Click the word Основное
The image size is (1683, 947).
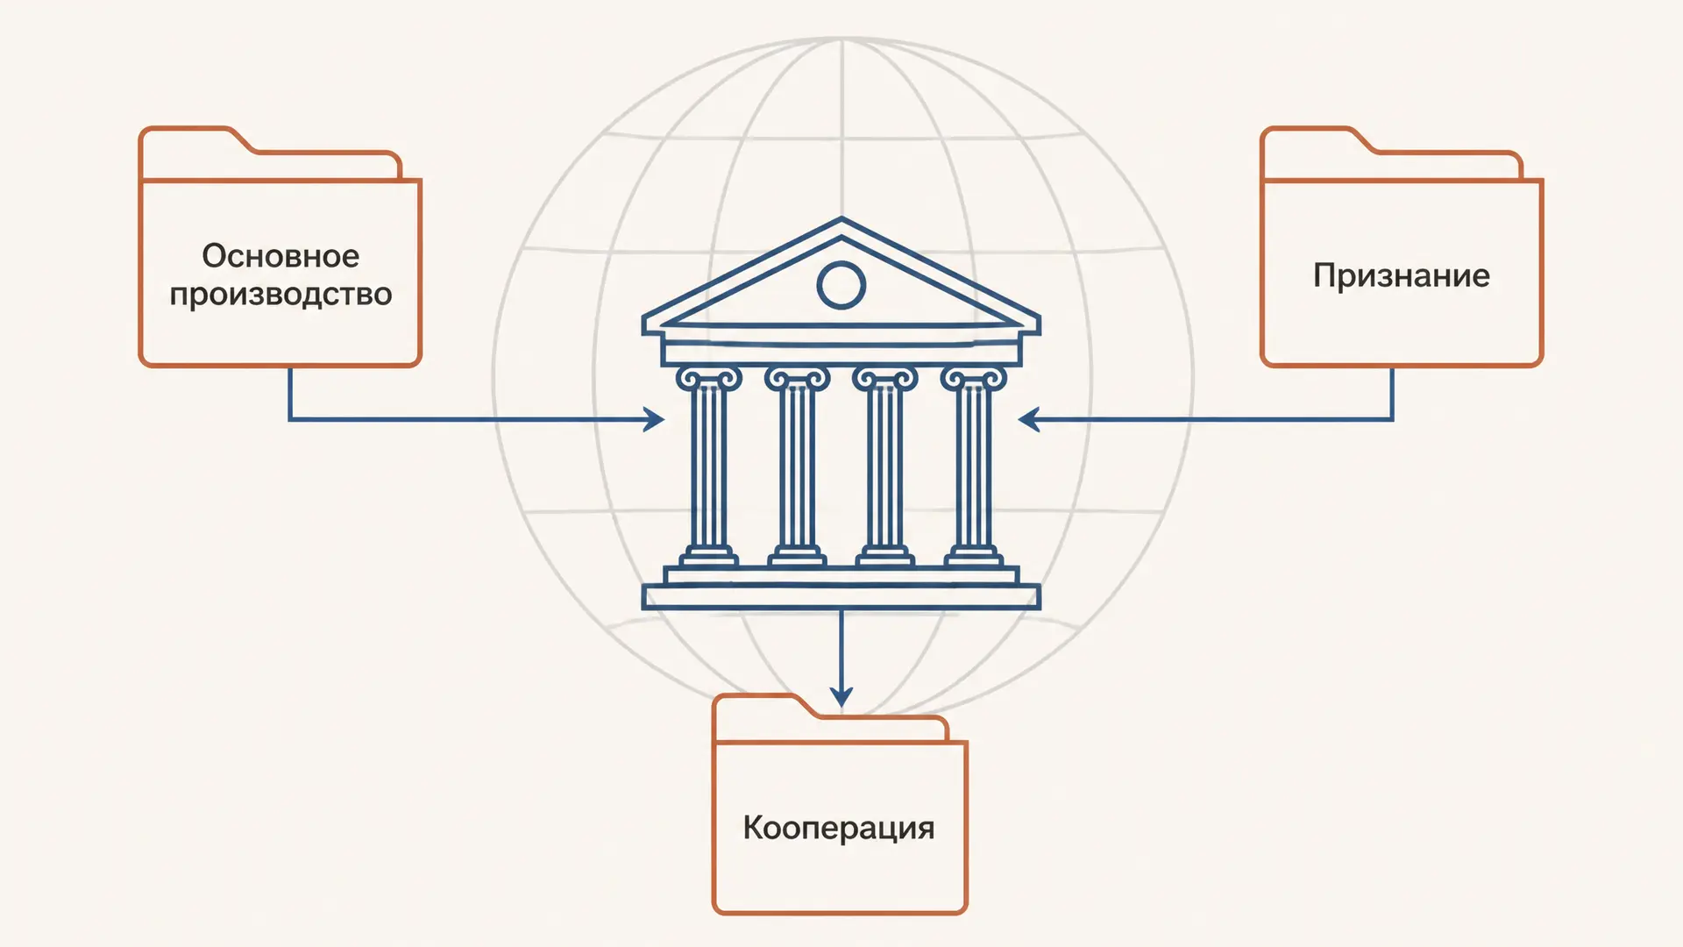(280, 256)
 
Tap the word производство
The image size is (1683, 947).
(280, 295)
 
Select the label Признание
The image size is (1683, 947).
(1402, 276)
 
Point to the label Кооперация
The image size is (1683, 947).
(839, 828)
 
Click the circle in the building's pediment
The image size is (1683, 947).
(841, 267)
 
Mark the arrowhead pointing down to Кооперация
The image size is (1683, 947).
(841, 696)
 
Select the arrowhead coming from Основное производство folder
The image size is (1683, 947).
(654, 420)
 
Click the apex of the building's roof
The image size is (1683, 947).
(841, 218)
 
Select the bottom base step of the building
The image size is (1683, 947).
(841, 597)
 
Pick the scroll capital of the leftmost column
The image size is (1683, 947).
(708, 378)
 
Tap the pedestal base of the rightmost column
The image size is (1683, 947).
(973, 557)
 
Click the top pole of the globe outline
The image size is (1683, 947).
(841, 39)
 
